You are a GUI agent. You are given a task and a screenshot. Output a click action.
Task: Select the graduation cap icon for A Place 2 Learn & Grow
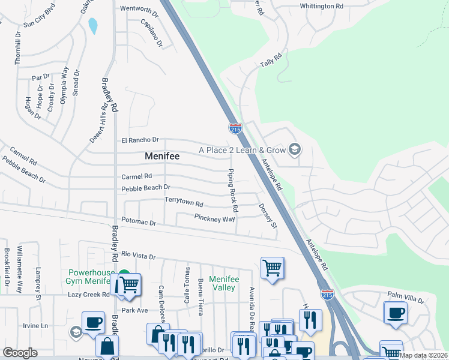[294, 149]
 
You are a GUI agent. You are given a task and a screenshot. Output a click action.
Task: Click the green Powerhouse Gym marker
[124, 275]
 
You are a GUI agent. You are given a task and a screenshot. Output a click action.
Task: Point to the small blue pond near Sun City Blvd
[93, 26]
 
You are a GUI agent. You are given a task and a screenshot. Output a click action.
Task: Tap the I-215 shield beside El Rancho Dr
[235, 128]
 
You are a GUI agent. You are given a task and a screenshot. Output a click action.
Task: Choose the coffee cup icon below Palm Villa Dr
[396, 313]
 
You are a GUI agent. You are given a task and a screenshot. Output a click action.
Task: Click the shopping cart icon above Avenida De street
[273, 268]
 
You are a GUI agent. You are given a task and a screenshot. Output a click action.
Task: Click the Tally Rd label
[271, 61]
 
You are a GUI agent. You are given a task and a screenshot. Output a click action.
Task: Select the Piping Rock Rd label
[232, 191]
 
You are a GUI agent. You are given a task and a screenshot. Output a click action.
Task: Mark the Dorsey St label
[268, 216]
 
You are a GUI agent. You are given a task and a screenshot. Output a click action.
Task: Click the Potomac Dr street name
[139, 223]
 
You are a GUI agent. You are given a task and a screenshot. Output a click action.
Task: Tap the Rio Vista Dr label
[138, 256]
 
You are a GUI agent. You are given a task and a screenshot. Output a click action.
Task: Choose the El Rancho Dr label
[140, 140]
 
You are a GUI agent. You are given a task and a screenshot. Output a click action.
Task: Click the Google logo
[20, 353]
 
